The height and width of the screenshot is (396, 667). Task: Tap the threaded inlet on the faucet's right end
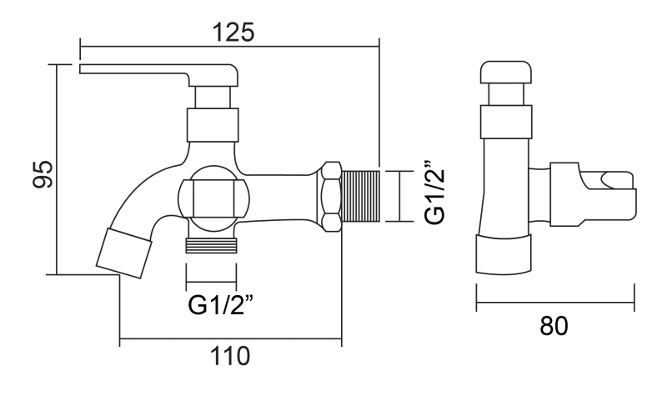(x=362, y=196)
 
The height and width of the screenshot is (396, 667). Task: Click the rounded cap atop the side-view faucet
(x=508, y=74)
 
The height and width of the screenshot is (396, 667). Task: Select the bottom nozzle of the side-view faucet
(x=504, y=255)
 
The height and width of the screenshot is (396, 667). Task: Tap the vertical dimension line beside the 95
(x=57, y=167)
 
